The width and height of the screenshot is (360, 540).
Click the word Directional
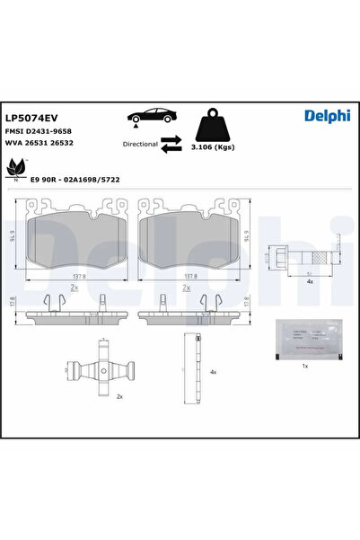[138, 144]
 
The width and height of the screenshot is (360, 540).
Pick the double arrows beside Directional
[171, 144]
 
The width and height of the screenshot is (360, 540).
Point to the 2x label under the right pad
[187, 290]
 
